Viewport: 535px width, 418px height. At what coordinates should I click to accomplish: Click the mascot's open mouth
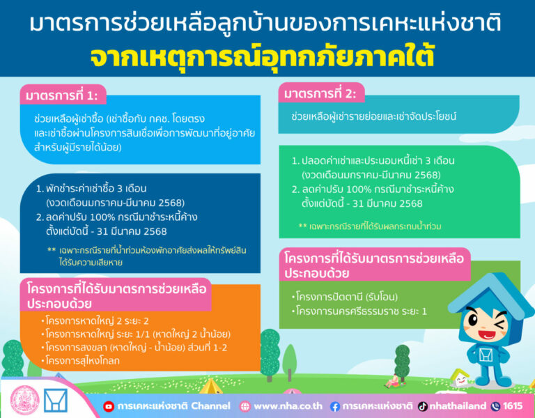tap(488, 321)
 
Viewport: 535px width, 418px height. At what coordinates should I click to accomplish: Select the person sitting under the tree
tap(394, 381)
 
